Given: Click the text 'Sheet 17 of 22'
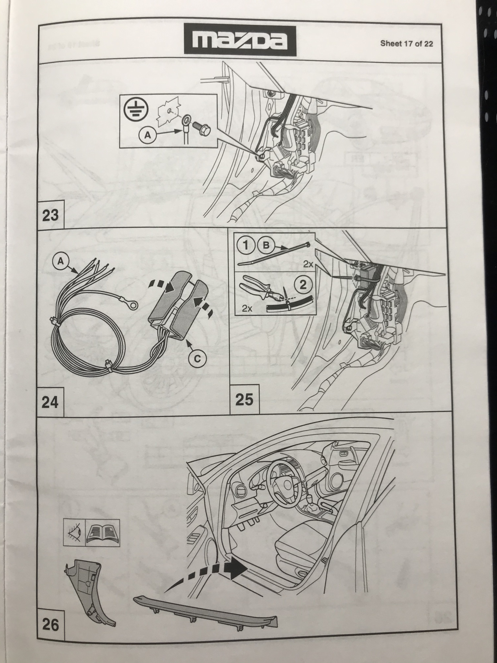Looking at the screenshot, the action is tap(407, 44).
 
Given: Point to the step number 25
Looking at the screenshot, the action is tap(244, 400).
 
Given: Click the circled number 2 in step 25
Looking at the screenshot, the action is tap(303, 285).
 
